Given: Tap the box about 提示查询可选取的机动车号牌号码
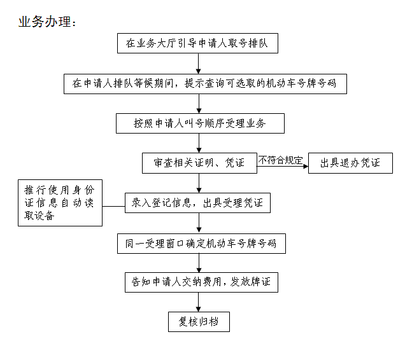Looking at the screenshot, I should (x=205, y=83).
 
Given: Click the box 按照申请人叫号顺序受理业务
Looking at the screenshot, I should (x=199, y=123).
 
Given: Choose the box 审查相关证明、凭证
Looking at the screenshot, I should (x=199, y=163).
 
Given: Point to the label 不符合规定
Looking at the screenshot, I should (x=280, y=160).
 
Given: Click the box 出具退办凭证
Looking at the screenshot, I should (x=350, y=163).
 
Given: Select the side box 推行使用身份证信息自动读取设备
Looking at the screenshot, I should (x=60, y=203).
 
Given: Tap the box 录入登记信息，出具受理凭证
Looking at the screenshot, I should (x=198, y=203).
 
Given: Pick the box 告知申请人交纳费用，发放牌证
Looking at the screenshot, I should (x=201, y=282).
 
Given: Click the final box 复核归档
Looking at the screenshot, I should (x=199, y=322).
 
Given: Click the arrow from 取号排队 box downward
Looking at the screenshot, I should (x=199, y=64).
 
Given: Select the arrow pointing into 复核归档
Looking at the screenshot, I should (x=199, y=302).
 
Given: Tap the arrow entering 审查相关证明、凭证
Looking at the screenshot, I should (x=199, y=143).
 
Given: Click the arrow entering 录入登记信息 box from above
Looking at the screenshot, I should (x=199, y=183).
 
